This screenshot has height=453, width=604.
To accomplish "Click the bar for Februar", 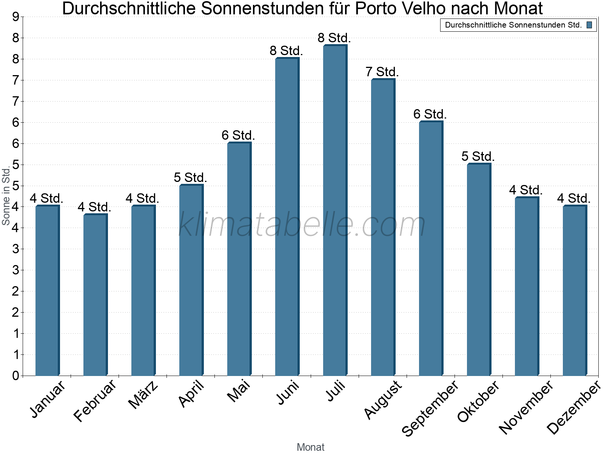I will (95, 295).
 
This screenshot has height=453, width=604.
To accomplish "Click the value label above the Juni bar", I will (286, 51).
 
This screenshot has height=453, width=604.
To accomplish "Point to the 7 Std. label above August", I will (382, 72).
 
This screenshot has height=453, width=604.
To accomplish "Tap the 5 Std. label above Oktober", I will (478, 156).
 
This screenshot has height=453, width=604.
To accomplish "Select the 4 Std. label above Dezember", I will (574, 198).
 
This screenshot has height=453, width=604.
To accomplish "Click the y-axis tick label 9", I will (15, 17).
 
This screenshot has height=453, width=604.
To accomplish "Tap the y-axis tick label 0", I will (15, 376).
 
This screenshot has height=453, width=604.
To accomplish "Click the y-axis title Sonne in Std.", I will (6, 196).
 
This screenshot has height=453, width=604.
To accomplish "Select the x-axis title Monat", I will (310, 447).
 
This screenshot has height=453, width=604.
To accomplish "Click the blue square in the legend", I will (589, 25).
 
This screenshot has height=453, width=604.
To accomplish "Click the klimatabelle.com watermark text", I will (302, 225).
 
